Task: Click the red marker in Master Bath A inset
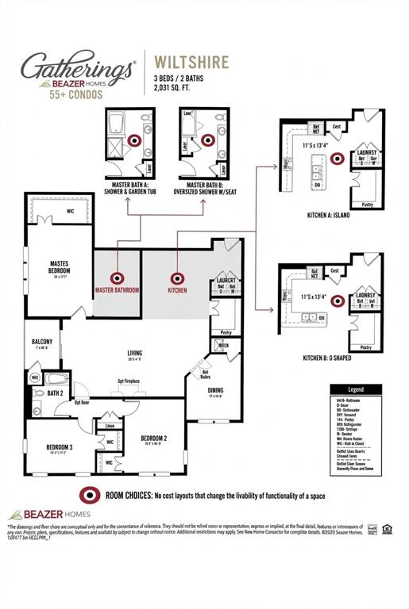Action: pos(134,140)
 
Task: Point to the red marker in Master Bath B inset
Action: pos(208,140)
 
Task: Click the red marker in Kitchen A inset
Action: pos(337,159)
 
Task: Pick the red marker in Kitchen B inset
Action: pos(337,301)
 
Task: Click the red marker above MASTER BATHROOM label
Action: pos(118,278)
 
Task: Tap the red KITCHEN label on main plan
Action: pos(177,291)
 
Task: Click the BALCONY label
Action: pos(42,342)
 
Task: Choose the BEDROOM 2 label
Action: pos(153,438)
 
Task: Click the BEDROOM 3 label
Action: pos(60,447)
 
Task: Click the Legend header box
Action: pos(357,390)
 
